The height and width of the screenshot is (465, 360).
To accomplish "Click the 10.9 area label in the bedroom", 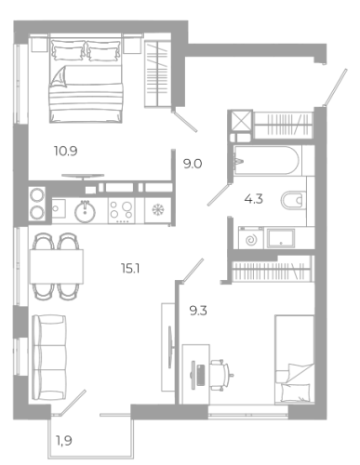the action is (65, 152).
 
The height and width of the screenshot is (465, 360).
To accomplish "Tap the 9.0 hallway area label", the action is (193, 164).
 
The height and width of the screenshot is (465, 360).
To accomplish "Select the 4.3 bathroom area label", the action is (254, 199).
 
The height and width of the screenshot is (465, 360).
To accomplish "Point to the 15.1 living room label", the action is (130, 268).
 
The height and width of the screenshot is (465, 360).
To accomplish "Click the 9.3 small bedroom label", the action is (198, 311).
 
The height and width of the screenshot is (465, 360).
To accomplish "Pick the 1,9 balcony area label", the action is (64, 440).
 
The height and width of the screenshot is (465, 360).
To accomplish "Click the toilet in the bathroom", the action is (293, 201).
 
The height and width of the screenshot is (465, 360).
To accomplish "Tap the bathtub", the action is (267, 161).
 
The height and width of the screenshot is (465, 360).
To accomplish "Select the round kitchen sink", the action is (85, 212).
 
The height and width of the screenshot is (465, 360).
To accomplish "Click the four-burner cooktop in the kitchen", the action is (121, 211).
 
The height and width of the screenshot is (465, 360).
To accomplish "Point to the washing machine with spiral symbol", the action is (251, 238).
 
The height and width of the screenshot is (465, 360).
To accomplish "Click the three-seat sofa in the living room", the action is (49, 357).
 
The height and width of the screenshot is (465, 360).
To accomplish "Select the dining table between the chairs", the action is (57, 267).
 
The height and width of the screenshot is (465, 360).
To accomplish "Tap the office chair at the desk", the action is (221, 375).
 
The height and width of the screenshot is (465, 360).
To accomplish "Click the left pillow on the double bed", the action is (68, 50).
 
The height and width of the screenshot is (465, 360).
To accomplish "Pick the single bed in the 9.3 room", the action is (294, 360).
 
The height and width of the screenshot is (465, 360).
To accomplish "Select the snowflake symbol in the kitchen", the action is (157, 210).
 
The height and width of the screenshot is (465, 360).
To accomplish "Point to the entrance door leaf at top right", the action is (335, 87).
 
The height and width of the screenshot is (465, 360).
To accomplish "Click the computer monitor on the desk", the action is (193, 375).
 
